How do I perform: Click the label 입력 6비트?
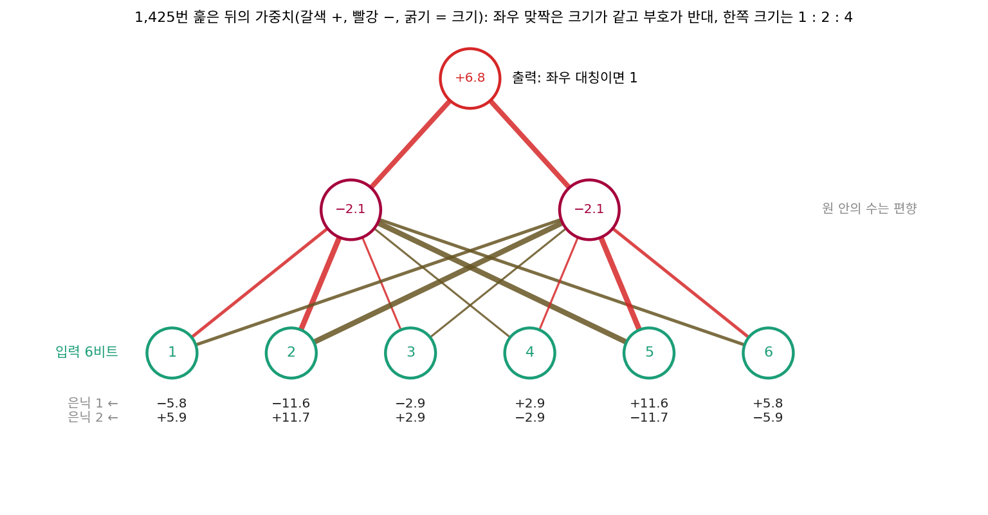[87, 351]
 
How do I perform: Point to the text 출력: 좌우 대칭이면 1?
[574, 78]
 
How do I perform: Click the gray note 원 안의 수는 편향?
[870, 209]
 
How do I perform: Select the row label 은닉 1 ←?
[93, 403]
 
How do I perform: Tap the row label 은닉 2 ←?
[93, 417]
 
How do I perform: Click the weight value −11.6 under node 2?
[291, 404]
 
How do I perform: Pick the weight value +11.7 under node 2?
[291, 418]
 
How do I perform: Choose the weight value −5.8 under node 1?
[172, 404]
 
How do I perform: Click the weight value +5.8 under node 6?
[769, 404]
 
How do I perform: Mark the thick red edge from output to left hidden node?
[410, 144]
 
